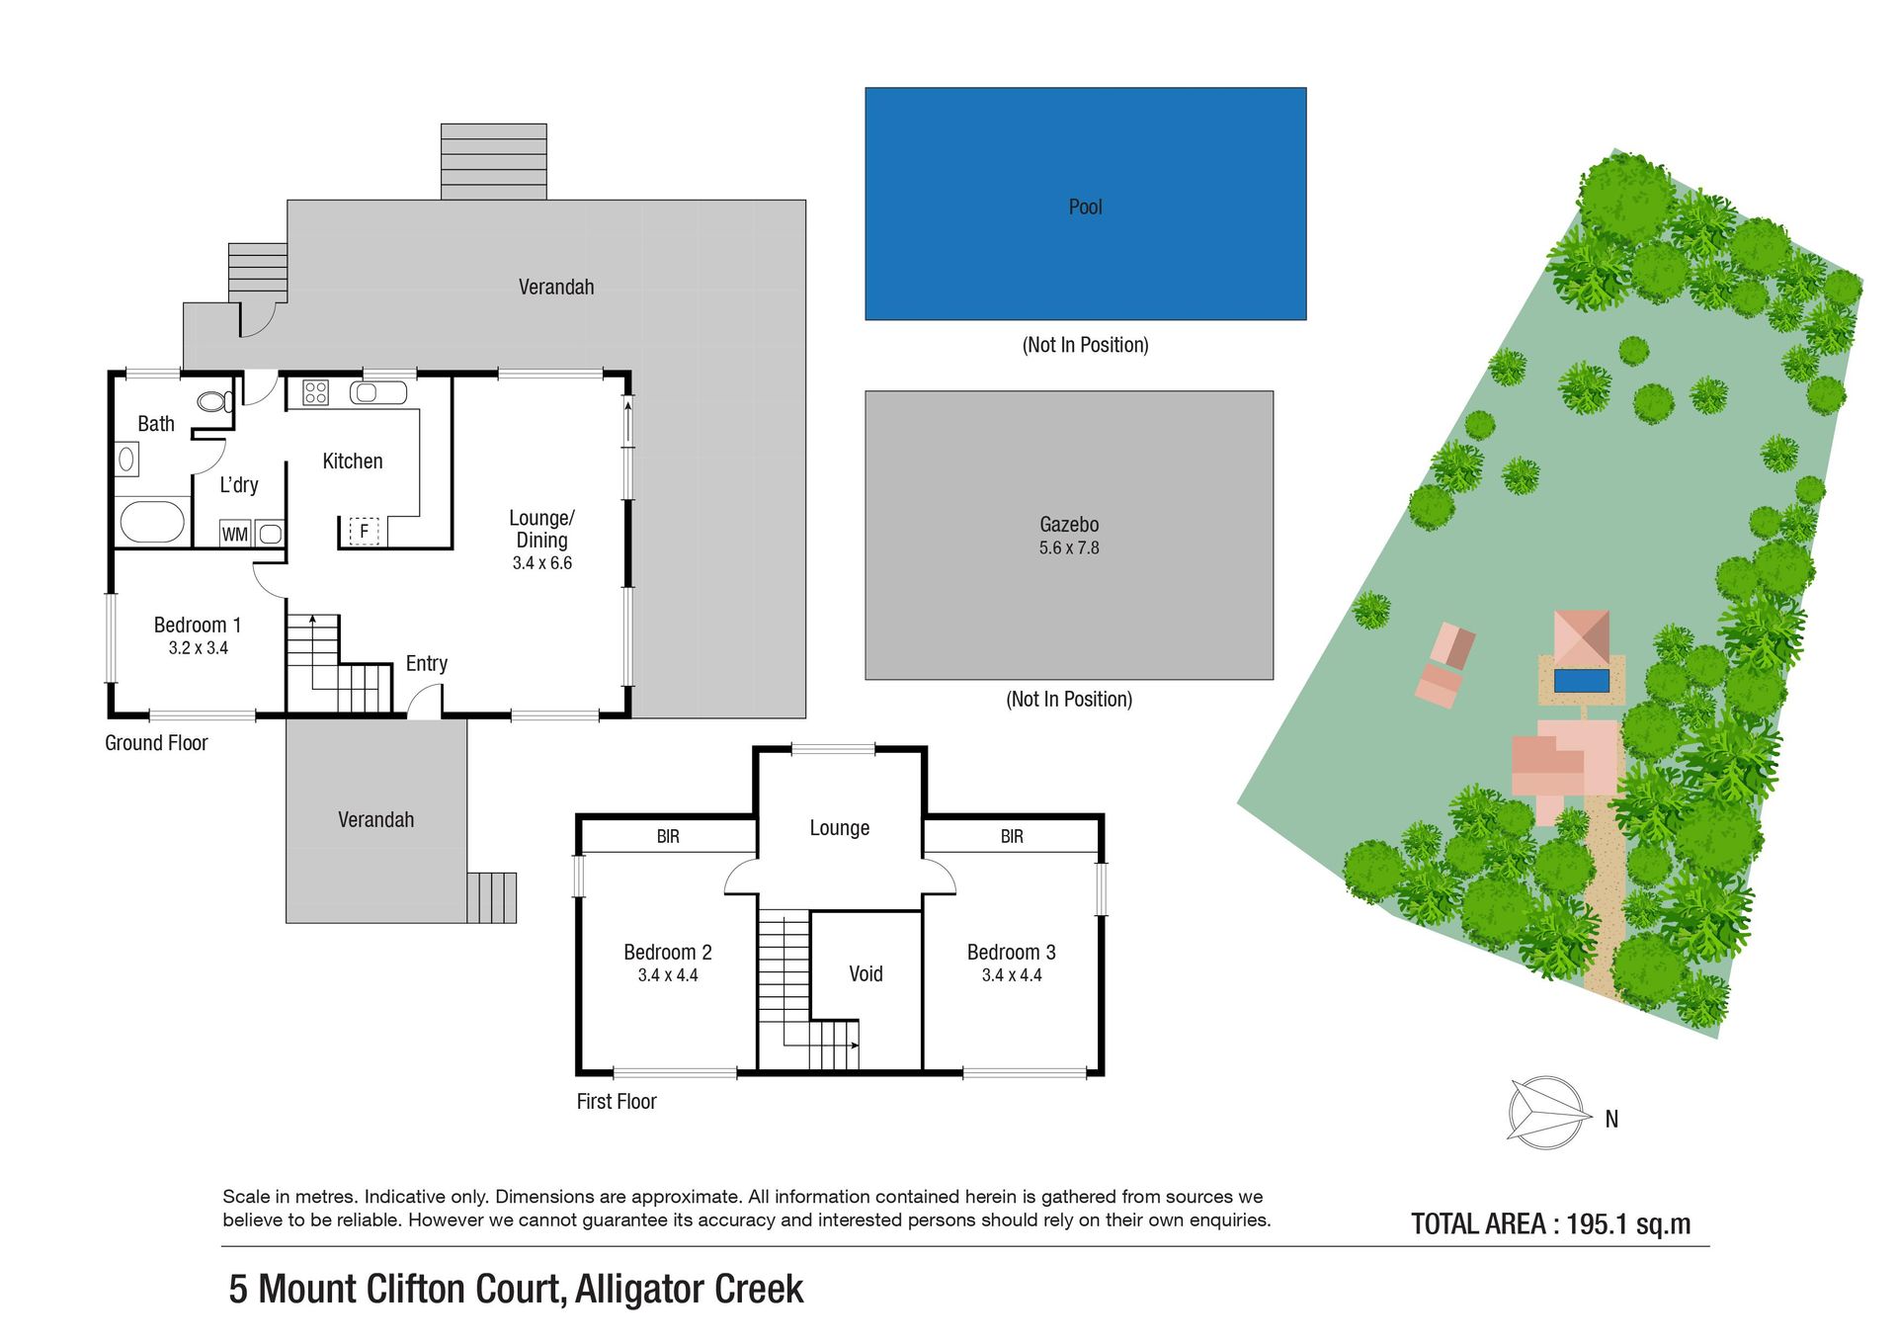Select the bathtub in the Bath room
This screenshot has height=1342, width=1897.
pos(152,522)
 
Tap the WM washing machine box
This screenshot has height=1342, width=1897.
pos(235,535)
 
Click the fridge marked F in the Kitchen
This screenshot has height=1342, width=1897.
pos(364,531)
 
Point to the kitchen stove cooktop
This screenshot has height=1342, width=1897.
pos(315,392)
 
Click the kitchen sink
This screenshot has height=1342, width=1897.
pos(377,392)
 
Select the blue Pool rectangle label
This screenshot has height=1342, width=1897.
pos(1085,207)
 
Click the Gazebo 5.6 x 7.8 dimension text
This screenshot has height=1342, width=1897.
pos(1069,547)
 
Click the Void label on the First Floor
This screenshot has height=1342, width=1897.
pos(866,973)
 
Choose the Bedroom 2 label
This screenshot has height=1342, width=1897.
pos(668,952)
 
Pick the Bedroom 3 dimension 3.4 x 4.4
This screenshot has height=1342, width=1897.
pos(1012,975)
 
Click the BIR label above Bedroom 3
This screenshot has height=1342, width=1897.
pos(1012,837)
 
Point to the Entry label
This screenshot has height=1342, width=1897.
pos(427,664)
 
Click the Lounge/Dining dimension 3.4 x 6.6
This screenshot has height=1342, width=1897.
pos(542,563)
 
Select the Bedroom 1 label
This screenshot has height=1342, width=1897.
pos(198,625)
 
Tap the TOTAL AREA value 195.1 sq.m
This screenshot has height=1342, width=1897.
pos(1628,1224)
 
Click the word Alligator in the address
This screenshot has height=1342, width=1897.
pos(640,1290)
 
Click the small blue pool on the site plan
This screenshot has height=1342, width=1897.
pos(1582,680)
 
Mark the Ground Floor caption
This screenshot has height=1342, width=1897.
pos(156,743)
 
